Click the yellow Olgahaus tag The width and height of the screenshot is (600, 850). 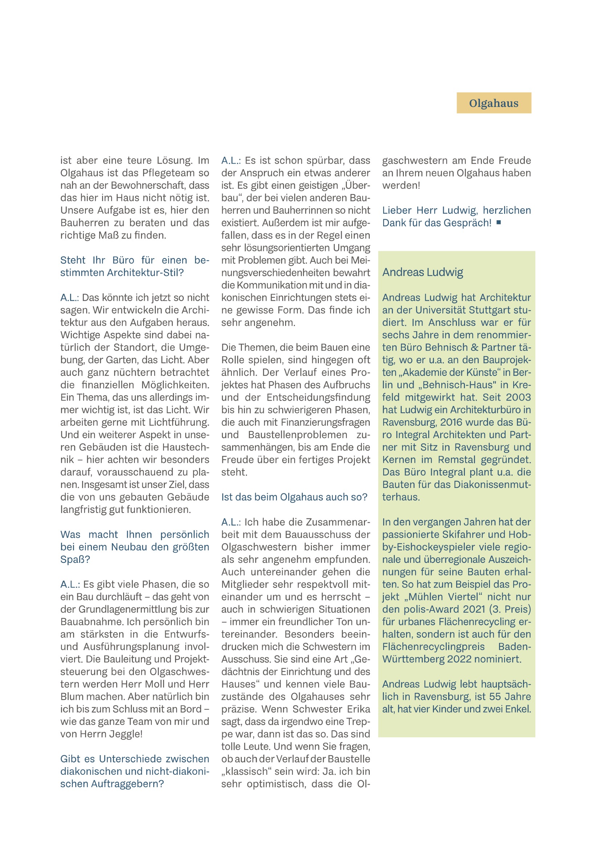point(494,103)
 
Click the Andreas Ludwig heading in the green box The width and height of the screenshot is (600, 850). point(422,272)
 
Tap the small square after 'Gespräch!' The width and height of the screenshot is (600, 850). point(499,222)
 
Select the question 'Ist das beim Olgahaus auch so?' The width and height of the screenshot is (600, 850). point(294,497)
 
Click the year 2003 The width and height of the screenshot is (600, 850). point(518,397)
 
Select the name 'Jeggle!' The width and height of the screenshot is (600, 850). point(127,734)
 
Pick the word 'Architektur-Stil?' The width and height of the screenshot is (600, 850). point(145,272)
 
